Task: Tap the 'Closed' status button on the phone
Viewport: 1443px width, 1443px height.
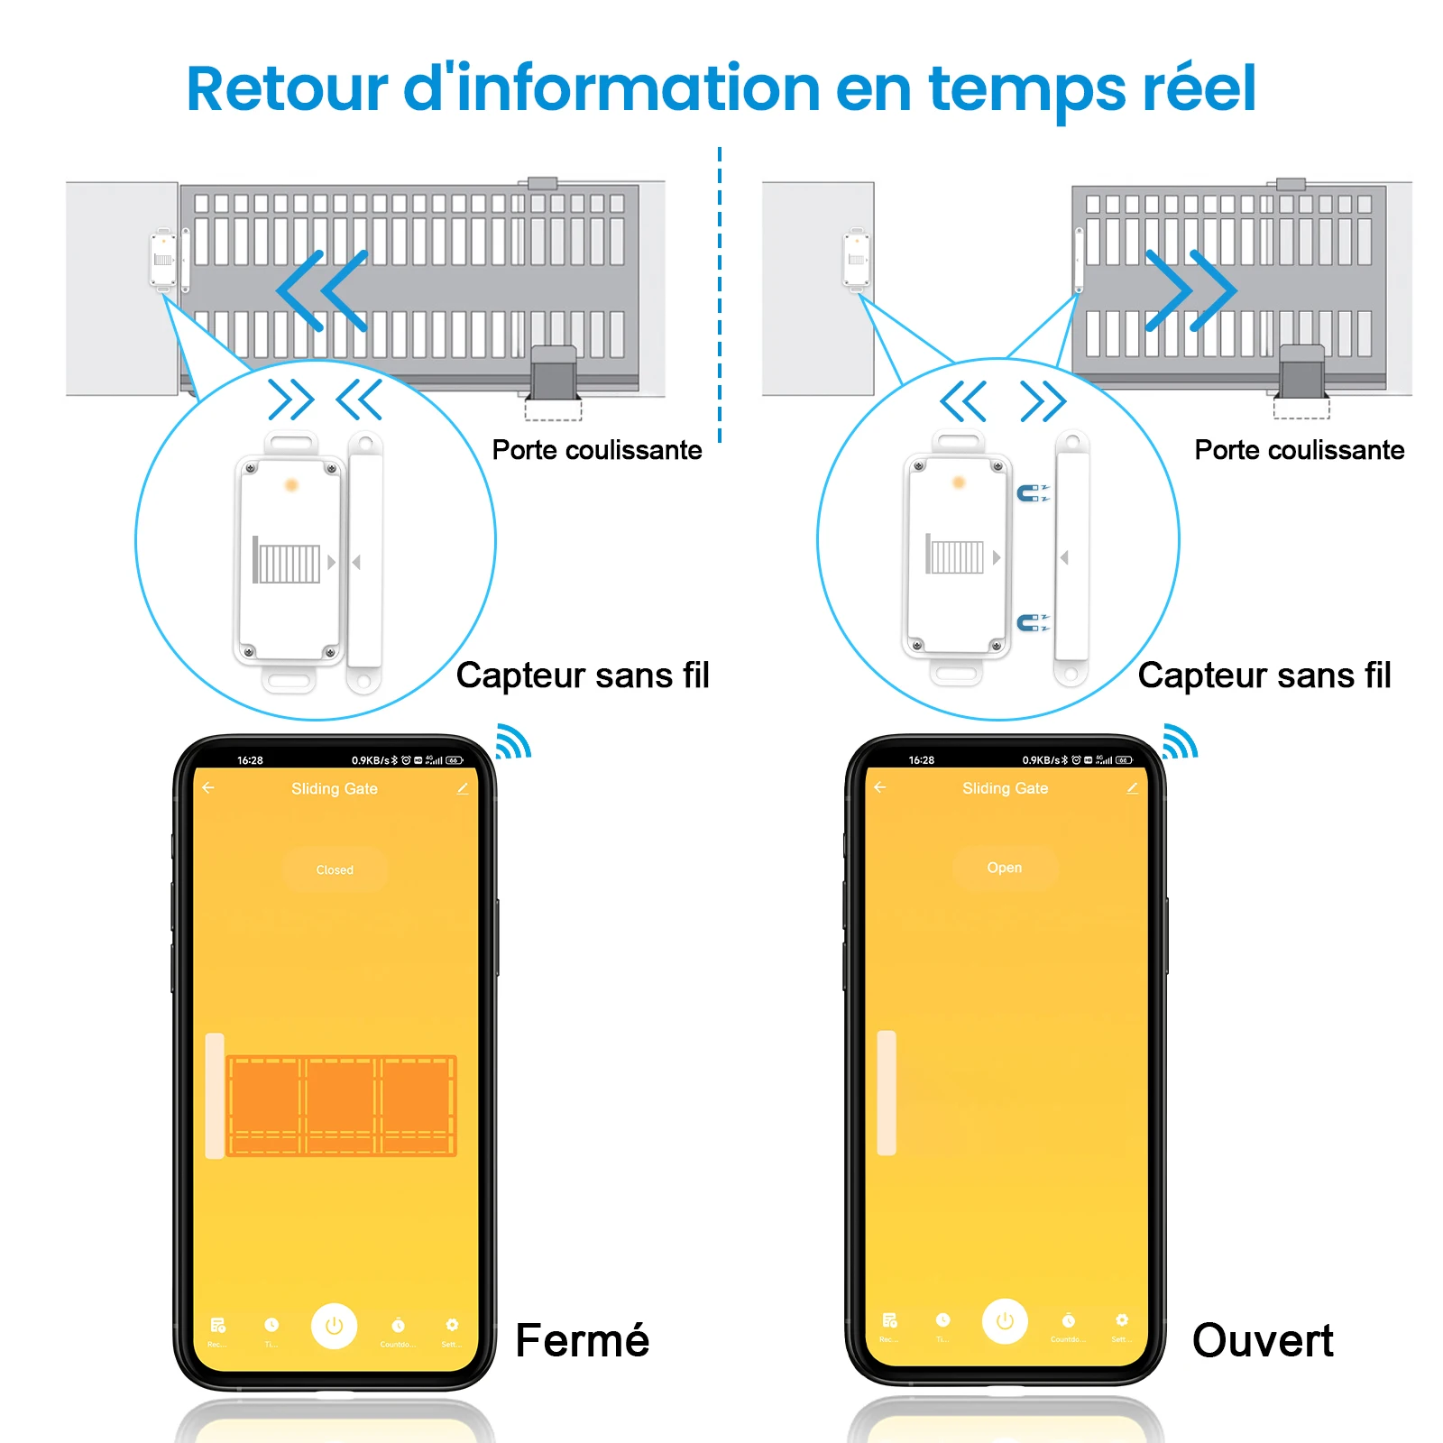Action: tap(335, 869)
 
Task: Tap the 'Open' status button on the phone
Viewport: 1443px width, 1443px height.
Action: tap(1005, 868)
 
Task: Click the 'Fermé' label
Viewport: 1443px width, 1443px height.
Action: tap(582, 1340)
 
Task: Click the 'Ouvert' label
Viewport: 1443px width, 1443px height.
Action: tap(1262, 1340)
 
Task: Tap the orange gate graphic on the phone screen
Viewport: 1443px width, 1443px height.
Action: tap(341, 1106)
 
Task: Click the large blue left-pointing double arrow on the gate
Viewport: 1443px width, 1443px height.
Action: tap(322, 290)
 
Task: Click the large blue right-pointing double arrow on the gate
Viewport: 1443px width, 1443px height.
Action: tap(1190, 290)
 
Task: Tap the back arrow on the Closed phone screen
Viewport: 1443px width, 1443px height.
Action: tap(208, 787)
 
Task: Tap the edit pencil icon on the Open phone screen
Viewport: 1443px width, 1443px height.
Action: tap(1132, 787)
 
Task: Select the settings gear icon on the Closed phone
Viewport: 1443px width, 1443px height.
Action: tap(452, 1325)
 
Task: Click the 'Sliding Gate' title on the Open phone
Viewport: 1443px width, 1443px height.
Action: tap(1005, 788)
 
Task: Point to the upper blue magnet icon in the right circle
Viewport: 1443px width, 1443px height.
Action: tap(1029, 492)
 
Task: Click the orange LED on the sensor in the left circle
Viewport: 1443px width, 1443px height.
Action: tap(291, 485)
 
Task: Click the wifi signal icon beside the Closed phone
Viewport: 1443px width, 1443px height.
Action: tap(513, 741)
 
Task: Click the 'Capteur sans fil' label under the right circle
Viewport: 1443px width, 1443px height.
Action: tap(1264, 675)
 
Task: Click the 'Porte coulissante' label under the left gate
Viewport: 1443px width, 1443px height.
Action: tap(596, 449)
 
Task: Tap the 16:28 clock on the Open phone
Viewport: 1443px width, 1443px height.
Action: tap(921, 760)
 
